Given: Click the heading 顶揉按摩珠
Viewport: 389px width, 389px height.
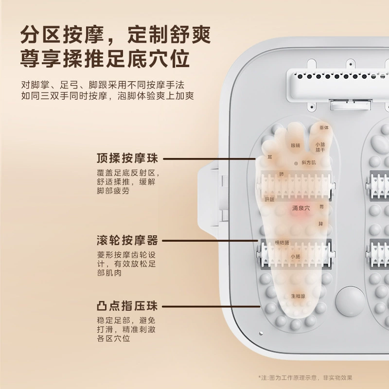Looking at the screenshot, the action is [127, 159].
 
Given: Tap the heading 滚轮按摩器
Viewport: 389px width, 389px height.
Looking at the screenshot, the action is [127, 240].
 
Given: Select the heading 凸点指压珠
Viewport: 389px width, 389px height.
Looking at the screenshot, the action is [127, 306].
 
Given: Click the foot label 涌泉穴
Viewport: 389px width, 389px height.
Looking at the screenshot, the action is [301, 208].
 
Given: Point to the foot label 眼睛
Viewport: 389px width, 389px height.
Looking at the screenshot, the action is [296, 145].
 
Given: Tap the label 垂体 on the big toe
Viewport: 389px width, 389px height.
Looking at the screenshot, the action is [324, 127].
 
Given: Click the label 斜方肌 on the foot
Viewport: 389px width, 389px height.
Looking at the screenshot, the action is [309, 162].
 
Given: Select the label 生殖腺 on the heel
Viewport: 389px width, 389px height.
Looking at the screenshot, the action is [298, 296].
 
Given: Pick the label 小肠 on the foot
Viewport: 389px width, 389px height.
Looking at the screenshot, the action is [296, 257].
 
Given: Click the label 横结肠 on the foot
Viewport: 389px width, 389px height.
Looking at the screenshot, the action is [282, 243].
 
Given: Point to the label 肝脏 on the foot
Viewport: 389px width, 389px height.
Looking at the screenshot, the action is [270, 199].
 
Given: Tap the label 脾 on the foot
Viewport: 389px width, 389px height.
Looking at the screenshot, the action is [321, 224].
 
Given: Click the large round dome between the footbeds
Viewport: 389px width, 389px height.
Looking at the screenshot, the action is [350, 301].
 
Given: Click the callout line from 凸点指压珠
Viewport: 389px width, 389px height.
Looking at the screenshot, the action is [211, 307].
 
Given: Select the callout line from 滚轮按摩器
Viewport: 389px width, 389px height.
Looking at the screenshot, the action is [210, 241].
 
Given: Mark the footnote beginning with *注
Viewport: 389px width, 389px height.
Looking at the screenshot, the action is [305, 378].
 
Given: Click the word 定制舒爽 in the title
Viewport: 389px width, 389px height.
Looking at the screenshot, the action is [169, 35].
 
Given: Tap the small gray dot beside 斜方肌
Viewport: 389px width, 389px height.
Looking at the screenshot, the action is [296, 163].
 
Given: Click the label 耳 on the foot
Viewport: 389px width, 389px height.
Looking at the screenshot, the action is [270, 157].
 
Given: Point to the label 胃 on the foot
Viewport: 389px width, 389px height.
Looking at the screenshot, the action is [321, 206].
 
